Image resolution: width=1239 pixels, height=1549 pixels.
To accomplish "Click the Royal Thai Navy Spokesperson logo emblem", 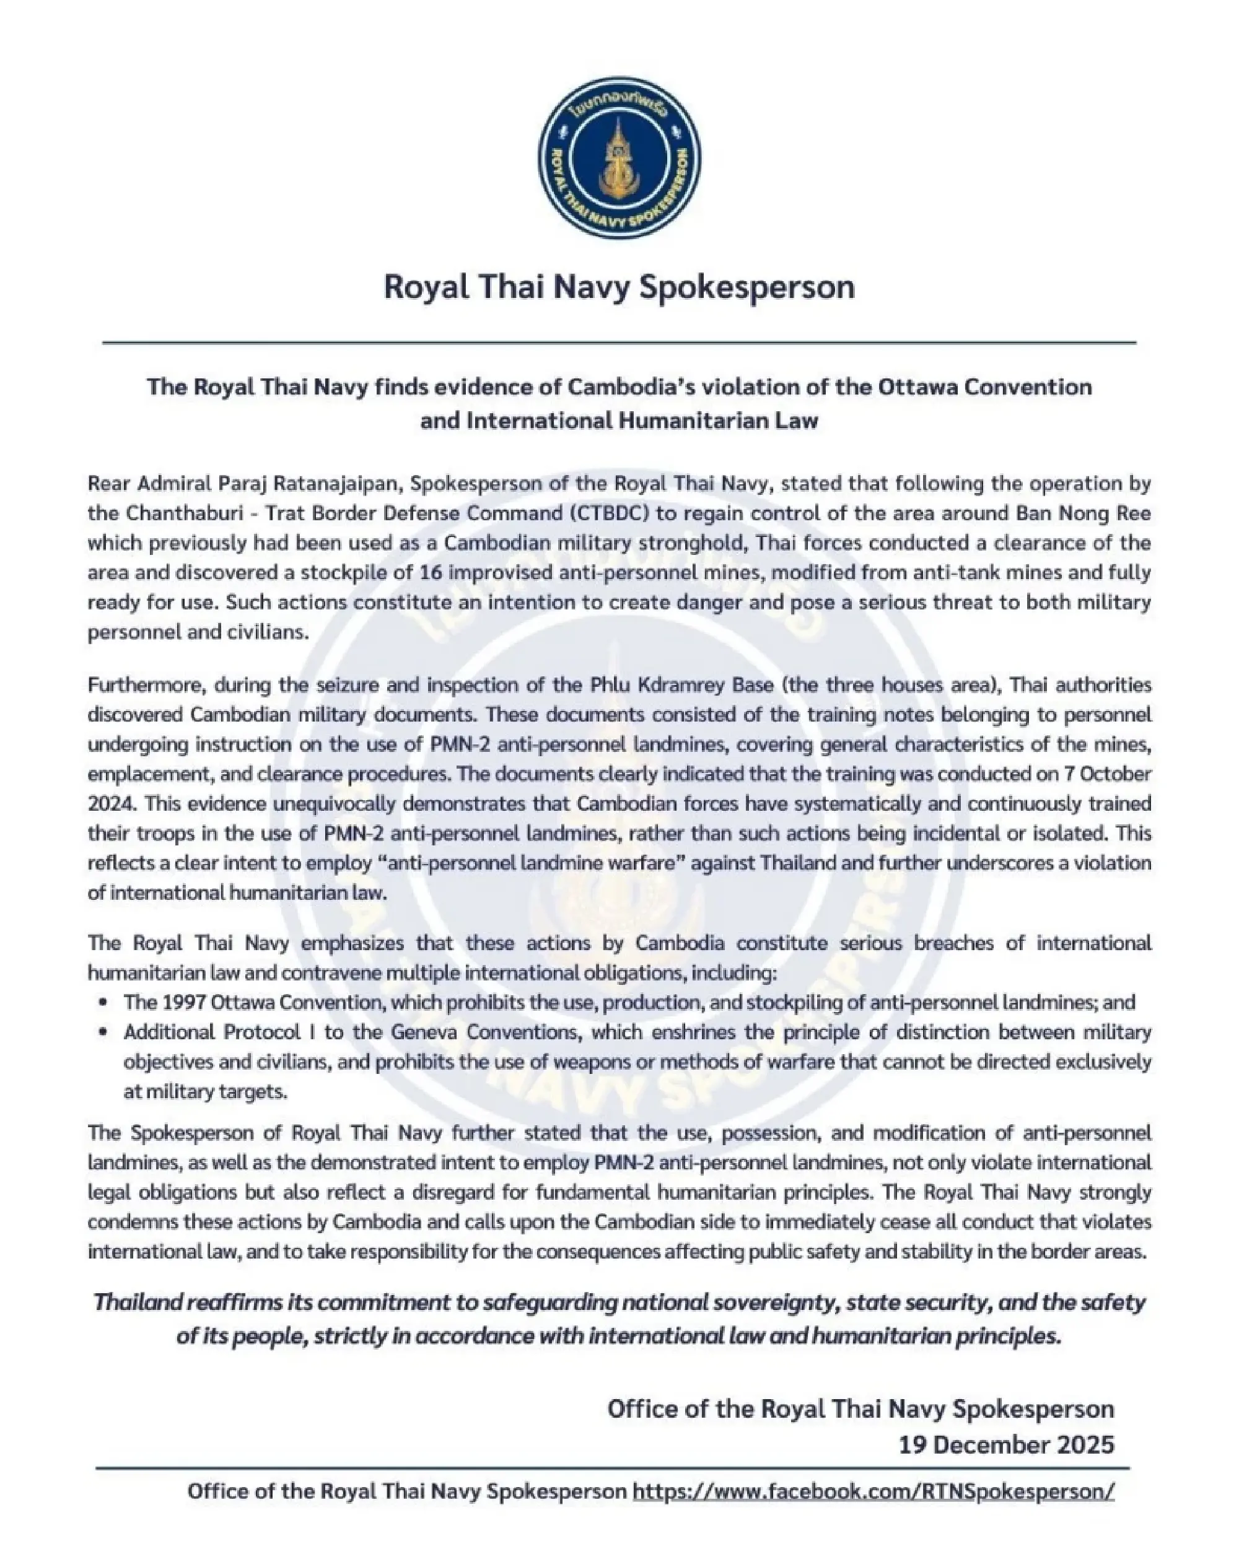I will tap(619, 157).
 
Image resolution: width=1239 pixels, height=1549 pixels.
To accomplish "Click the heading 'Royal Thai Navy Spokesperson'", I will tap(619, 287).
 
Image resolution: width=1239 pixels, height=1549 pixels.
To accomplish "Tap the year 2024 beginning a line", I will tap(107, 803).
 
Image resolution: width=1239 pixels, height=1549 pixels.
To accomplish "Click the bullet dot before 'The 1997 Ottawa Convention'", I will tap(105, 1002).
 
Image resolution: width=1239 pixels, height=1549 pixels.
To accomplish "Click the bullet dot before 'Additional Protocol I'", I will tap(105, 1032).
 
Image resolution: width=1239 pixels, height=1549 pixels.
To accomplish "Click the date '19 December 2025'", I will tap(1006, 1444).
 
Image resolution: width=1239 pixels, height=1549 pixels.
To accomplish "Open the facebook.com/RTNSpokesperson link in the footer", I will tap(873, 1491).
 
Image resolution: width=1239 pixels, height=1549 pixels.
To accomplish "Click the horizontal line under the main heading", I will tap(619, 343).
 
